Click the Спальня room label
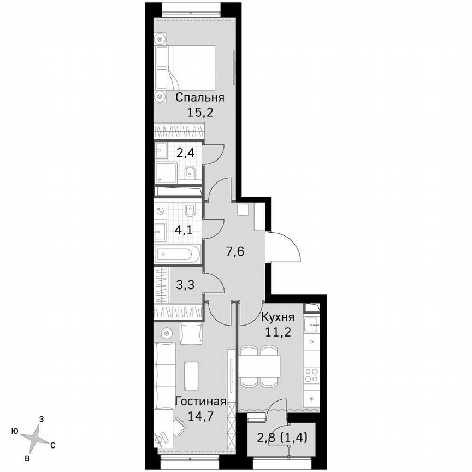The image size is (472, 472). (200, 98)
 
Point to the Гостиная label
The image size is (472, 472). (200, 402)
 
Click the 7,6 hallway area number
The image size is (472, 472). (236, 252)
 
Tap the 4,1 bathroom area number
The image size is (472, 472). (184, 230)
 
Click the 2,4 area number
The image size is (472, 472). (185, 152)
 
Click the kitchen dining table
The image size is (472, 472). (260, 363)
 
